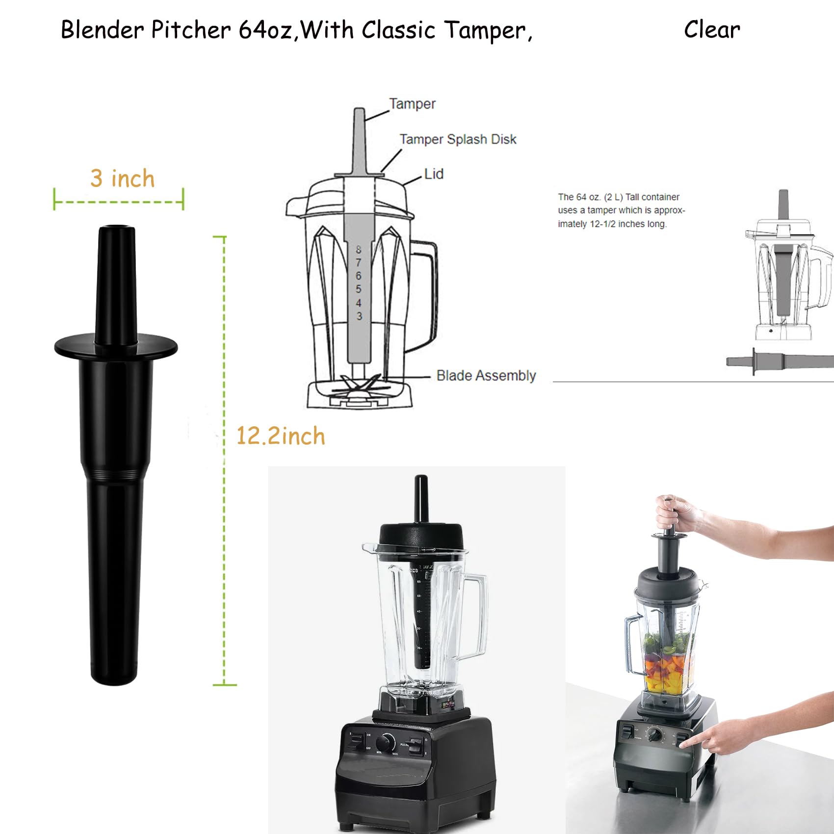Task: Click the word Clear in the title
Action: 711,30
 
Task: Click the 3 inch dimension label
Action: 122,178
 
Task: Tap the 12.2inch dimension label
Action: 280,436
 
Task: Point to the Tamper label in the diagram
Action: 412,104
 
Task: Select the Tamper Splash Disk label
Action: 457,139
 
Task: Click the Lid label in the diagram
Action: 434,174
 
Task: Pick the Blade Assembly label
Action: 486,376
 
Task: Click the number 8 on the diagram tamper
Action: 359,250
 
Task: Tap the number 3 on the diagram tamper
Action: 360,316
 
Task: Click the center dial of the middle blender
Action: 387,741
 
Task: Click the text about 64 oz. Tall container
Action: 620,210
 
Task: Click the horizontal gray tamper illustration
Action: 780,362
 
